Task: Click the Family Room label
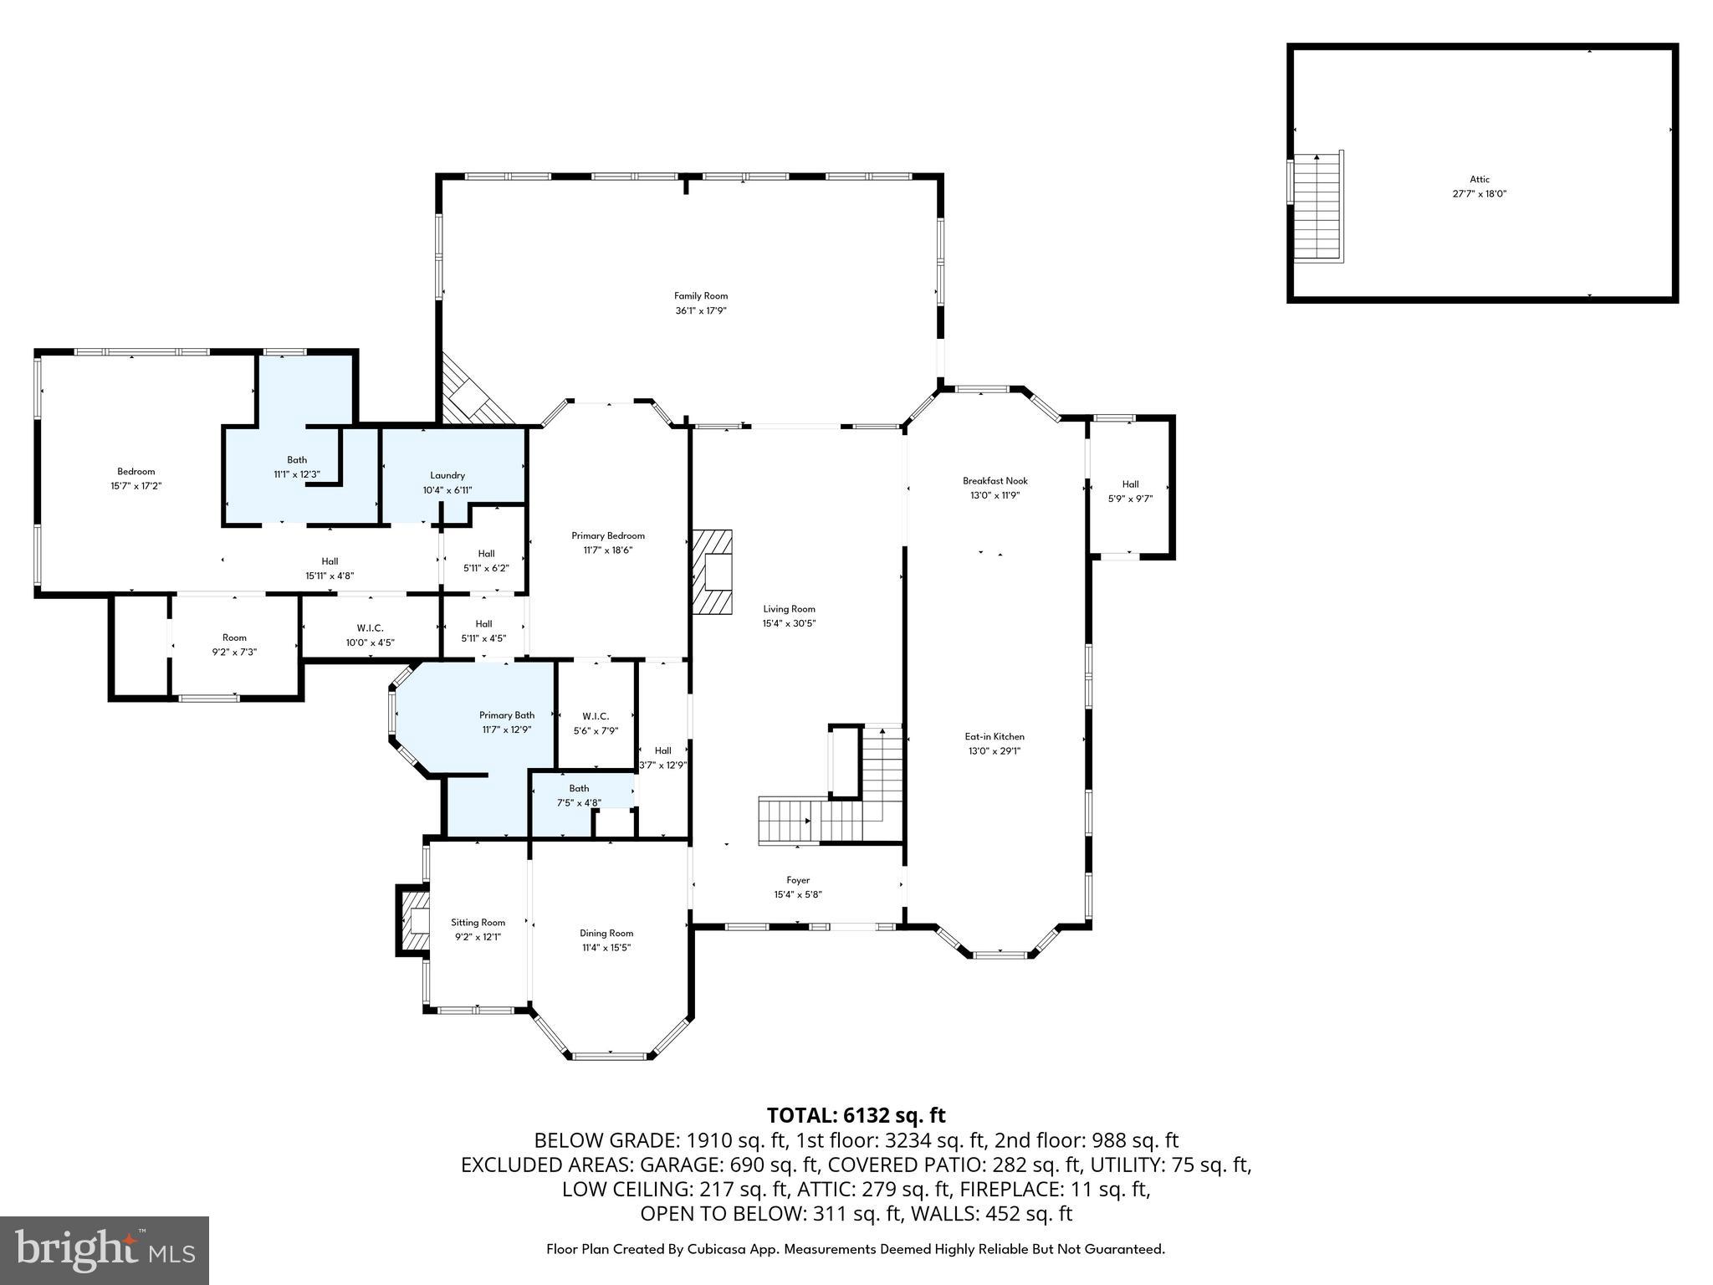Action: click(701, 295)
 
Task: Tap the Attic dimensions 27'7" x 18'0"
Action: click(1479, 194)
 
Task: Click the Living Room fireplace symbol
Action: click(712, 572)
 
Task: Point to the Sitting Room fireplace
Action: click(412, 920)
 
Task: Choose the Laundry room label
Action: click(447, 475)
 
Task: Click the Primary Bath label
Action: click(507, 714)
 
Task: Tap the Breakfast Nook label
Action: click(995, 480)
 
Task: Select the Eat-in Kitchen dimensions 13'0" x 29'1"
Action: click(995, 751)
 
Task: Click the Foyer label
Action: click(798, 880)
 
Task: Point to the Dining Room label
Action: click(606, 933)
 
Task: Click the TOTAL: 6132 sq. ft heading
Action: click(856, 1115)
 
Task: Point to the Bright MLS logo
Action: click(105, 1250)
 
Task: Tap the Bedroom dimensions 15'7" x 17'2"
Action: click(136, 486)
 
